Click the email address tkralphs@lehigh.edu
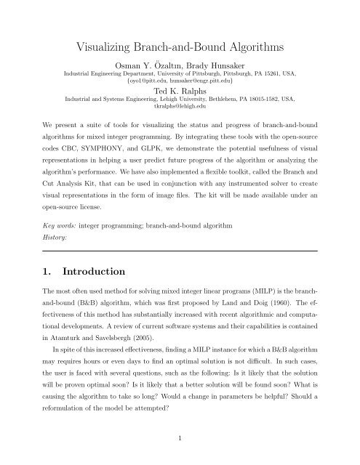pyautogui.click(x=180, y=111)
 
